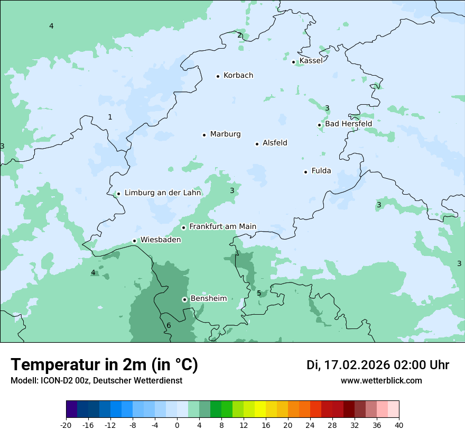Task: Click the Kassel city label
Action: tap(311, 61)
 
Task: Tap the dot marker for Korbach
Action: tap(218, 76)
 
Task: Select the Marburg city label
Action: tap(225, 134)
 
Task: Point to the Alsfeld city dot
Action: tap(257, 144)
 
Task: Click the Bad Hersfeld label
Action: tap(348, 124)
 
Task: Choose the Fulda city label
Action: tap(321, 171)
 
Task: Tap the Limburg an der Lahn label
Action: tap(163, 193)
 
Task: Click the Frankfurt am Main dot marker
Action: tap(184, 227)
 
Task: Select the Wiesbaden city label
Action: tap(161, 240)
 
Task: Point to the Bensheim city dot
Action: tap(184, 299)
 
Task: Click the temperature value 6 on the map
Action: tap(169, 325)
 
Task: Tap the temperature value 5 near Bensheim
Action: tap(259, 293)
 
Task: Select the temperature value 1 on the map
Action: tap(110, 117)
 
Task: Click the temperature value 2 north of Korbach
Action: tap(239, 35)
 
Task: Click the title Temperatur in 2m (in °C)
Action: tap(104, 365)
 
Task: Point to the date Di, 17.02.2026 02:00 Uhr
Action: tap(378, 365)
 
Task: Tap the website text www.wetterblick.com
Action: tap(381, 380)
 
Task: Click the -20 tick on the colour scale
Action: tap(66, 425)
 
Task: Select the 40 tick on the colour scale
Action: tap(398, 425)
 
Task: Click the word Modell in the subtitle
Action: tap(23, 380)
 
